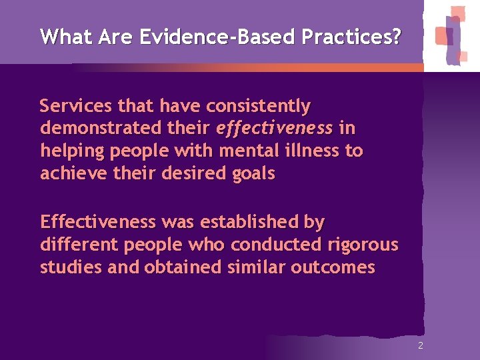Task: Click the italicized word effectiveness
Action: [x=275, y=128]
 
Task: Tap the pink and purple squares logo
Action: [x=451, y=35]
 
